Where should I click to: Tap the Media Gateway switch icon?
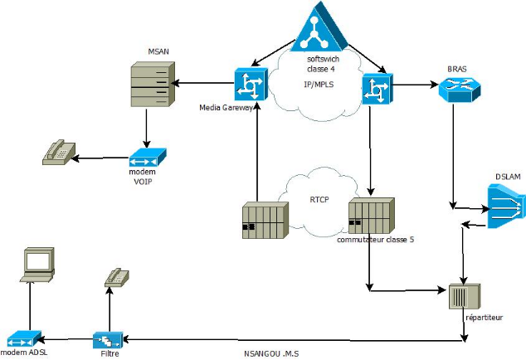[x=248, y=84]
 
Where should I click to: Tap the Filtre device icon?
[x=108, y=340]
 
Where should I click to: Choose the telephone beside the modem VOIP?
[x=59, y=152]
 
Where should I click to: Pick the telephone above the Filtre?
[x=116, y=277]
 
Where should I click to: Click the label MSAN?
[x=158, y=51]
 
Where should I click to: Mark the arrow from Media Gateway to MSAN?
[x=204, y=83]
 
